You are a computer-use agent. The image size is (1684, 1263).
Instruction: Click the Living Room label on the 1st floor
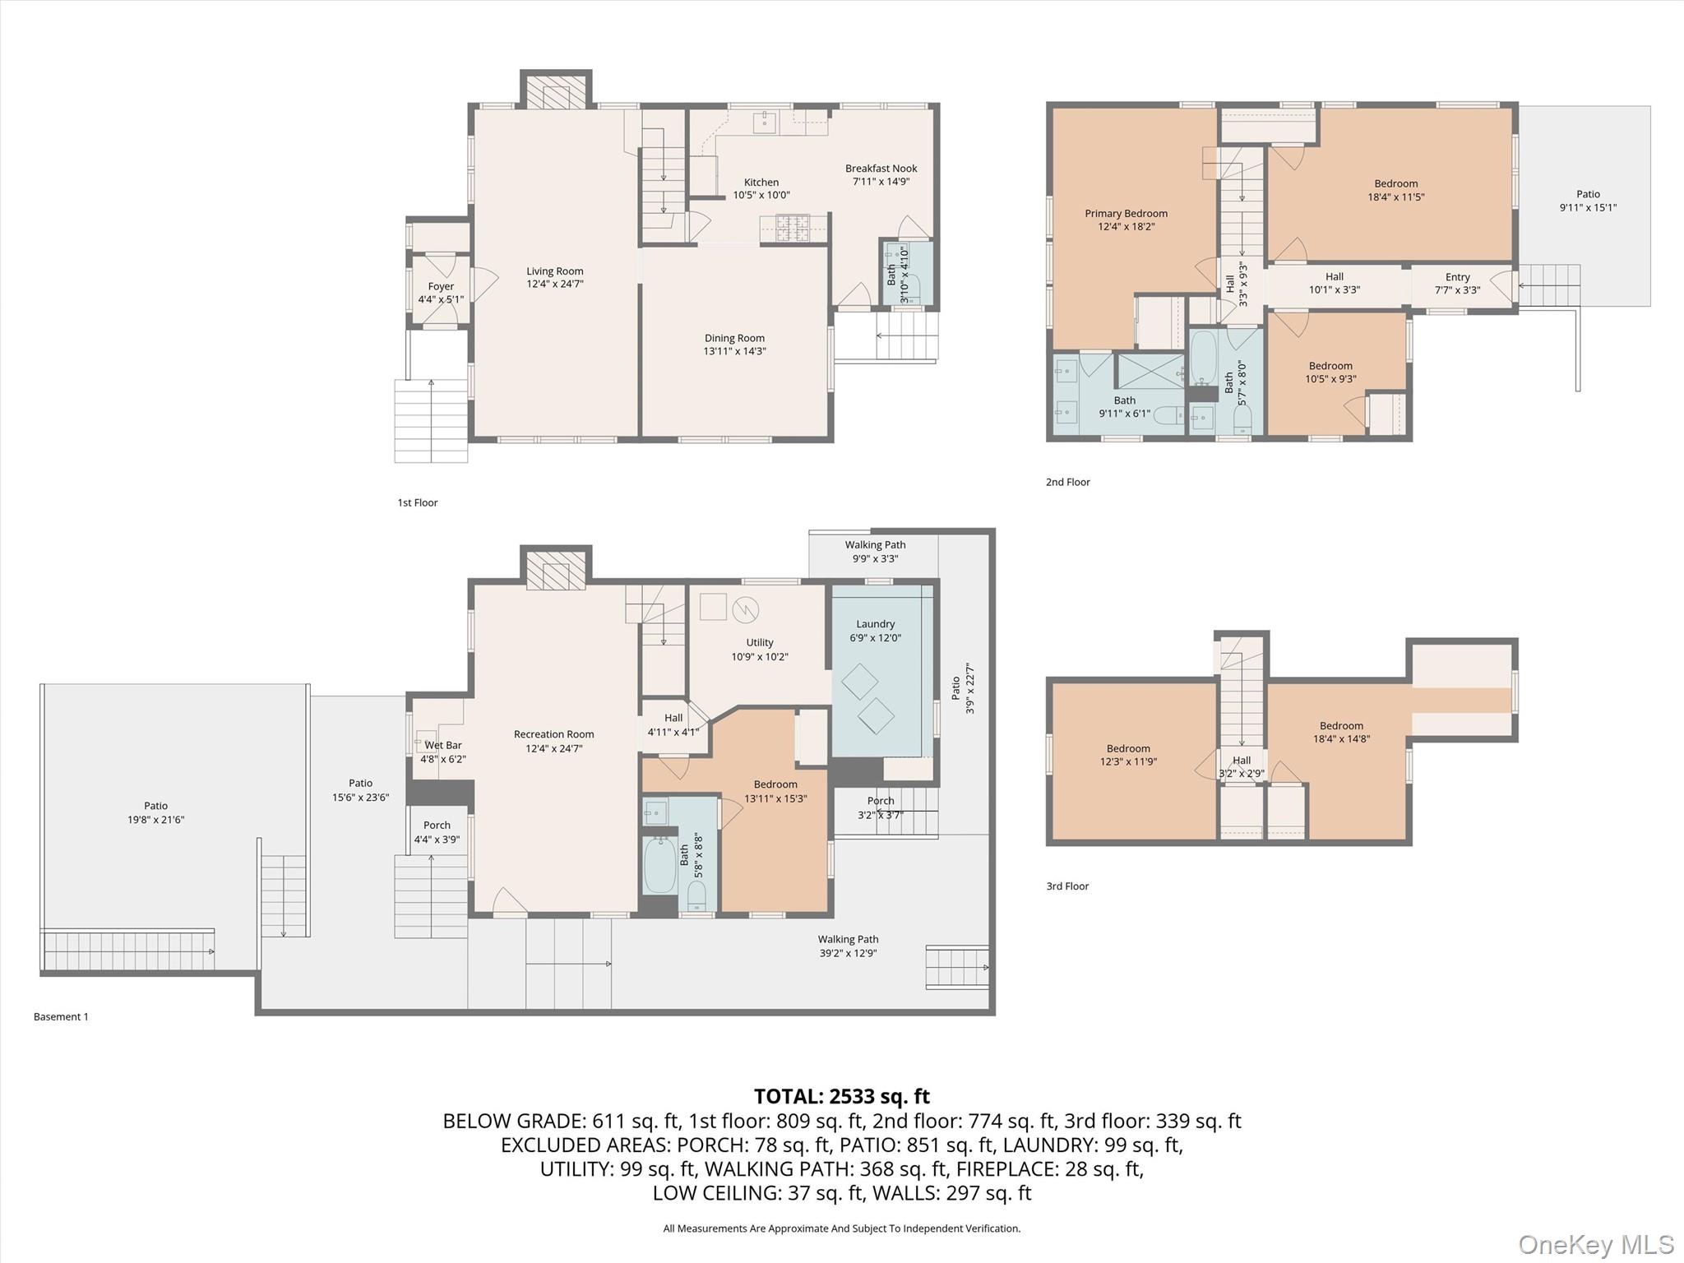click(555, 271)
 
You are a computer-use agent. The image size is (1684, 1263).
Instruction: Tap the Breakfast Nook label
click(881, 169)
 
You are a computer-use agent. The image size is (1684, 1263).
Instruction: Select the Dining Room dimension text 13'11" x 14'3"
click(734, 351)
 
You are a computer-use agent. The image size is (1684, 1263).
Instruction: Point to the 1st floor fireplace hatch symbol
click(556, 93)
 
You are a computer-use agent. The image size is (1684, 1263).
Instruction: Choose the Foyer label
click(441, 286)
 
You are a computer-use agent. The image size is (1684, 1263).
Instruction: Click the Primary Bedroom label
click(1126, 213)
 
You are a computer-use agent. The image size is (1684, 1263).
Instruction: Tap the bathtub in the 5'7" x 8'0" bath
click(1204, 359)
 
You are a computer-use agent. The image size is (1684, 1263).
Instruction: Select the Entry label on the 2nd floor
click(1457, 277)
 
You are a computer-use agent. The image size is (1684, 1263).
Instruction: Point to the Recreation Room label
click(553, 734)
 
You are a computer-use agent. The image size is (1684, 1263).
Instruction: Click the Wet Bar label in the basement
click(443, 745)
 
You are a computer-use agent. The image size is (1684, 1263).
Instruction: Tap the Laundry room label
click(875, 624)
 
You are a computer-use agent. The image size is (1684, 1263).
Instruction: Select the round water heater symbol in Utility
click(745, 609)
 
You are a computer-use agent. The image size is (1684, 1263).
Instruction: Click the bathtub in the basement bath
click(659, 865)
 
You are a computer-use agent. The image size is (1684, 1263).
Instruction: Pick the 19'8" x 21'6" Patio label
click(155, 806)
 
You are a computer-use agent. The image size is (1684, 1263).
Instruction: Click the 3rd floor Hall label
click(1242, 760)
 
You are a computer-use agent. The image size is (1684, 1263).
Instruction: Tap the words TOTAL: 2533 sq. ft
click(841, 1096)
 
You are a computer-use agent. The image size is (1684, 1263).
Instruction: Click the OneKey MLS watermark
click(1595, 1244)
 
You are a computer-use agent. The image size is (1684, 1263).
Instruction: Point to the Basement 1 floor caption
click(61, 1016)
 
